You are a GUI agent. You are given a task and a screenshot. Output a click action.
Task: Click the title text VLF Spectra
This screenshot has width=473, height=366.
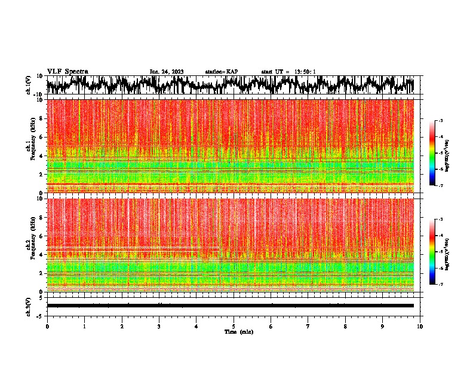[67, 71]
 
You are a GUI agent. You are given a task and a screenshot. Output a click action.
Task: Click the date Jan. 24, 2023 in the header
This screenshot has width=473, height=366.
[167, 72]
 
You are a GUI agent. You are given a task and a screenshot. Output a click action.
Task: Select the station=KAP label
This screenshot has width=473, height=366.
[222, 72]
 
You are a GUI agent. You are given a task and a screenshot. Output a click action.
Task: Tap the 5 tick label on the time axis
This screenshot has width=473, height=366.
[234, 326]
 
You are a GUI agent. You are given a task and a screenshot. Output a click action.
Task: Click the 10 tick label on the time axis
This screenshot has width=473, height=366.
[420, 326]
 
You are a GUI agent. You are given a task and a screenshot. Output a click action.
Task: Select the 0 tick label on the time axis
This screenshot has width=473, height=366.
[47, 326]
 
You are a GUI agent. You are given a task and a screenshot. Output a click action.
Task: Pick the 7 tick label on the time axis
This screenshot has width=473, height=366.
[308, 326]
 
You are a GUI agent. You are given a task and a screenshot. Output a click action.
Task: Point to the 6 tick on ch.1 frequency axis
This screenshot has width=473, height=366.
[41, 137]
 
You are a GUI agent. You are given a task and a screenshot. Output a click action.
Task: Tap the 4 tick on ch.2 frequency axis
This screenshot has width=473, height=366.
[41, 255]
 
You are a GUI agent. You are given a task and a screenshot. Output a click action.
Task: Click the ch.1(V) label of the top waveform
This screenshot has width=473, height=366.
[29, 85]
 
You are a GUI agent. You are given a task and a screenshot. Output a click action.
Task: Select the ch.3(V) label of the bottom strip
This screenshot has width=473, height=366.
[29, 306]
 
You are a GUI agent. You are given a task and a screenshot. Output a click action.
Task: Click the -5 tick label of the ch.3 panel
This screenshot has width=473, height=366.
[40, 315]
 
